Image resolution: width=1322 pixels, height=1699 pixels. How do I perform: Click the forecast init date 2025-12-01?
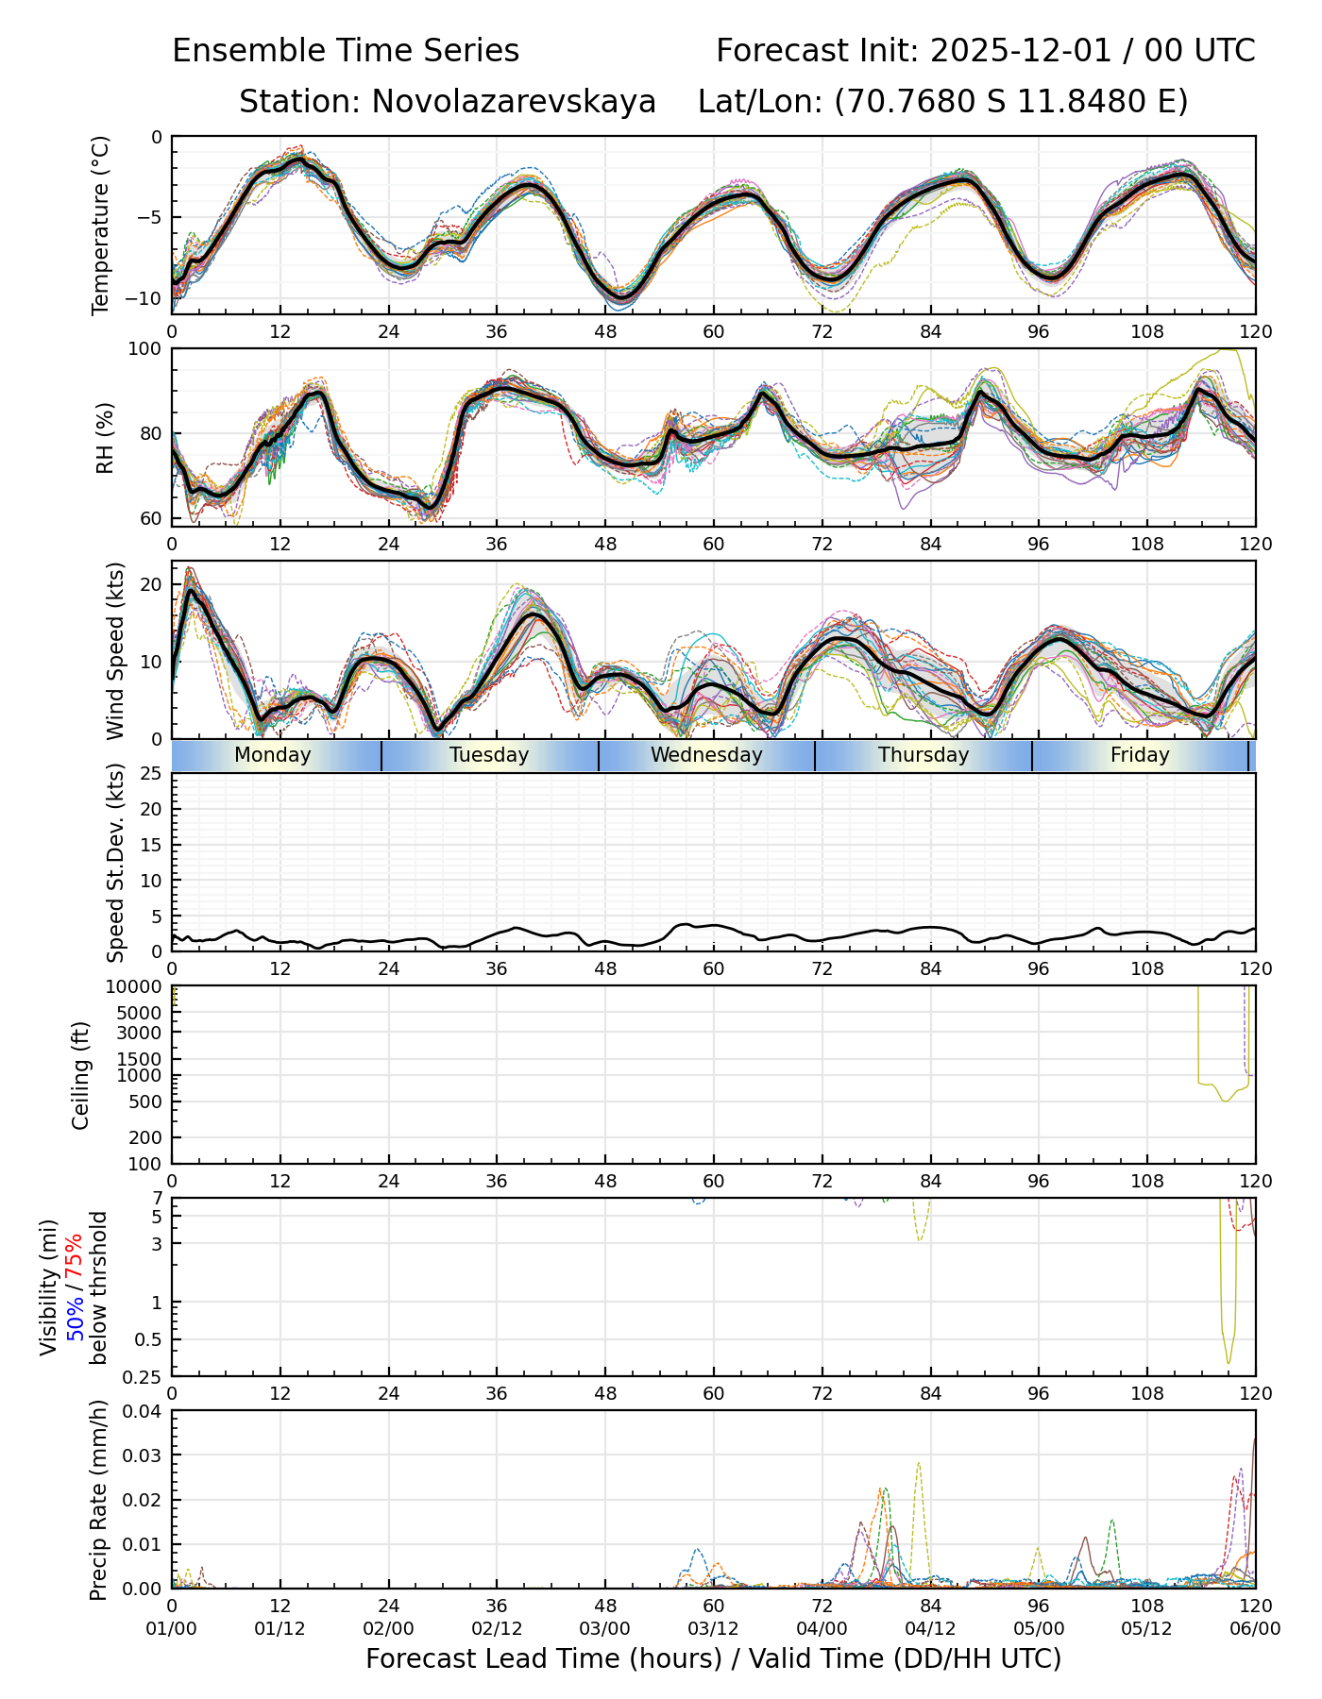click(1023, 51)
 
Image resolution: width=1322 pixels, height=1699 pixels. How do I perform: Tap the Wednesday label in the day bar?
click(706, 755)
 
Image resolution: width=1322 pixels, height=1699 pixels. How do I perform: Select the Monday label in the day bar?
click(272, 755)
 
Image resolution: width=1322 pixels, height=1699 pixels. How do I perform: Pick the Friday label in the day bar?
click(1140, 755)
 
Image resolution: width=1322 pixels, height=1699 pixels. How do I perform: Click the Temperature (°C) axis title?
click(101, 225)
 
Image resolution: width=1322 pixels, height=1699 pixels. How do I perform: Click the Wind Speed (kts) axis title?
click(115, 650)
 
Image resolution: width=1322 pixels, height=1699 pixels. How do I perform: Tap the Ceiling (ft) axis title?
click(81, 1075)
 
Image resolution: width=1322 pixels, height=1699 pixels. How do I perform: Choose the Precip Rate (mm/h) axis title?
click(98, 1500)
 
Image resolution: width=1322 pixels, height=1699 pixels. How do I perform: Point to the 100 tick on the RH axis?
click(145, 349)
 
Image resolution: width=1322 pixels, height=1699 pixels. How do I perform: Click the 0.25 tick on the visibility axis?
click(145, 1375)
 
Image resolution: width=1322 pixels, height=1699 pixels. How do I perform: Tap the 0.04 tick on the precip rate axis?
click(142, 1411)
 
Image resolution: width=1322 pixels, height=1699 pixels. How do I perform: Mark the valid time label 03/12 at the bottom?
click(713, 1628)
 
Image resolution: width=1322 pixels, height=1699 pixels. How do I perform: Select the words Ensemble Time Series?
click(346, 51)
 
